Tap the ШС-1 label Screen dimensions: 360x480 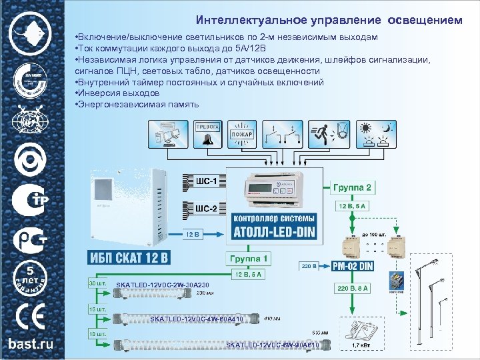(206, 181)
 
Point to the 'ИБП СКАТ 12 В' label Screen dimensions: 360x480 (129, 257)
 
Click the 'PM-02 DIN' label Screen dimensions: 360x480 (353, 265)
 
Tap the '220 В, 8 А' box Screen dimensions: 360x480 (353, 288)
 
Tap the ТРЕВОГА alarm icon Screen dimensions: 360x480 (209, 134)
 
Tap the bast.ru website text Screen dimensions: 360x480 (31, 344)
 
